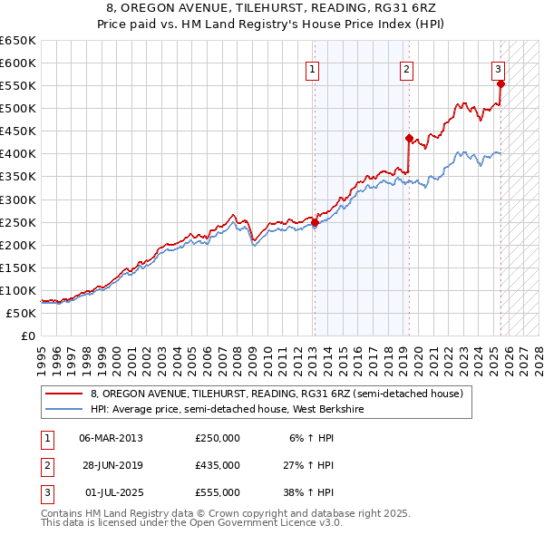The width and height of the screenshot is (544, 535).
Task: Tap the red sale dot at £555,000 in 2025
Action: click(501, 83)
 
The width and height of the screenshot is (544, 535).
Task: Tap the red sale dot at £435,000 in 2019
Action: click(409, 138)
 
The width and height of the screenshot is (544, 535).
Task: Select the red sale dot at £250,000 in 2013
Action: click(315, 221)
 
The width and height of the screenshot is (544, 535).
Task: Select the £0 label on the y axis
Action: click(28, 336)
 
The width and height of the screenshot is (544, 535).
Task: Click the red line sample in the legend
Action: click(64, 394)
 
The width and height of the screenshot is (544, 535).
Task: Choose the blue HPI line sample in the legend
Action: click(64, 409)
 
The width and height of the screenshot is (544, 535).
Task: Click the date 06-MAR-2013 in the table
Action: click(111, 437)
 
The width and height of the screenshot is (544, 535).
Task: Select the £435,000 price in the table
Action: click(218, 465)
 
